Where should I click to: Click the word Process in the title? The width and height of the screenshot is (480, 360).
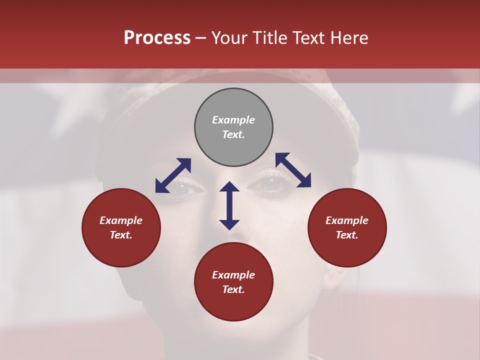tap(157, 38)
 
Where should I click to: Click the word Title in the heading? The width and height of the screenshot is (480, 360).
tap(269, 38)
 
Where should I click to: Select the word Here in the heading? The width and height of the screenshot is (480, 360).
tap(348, 38)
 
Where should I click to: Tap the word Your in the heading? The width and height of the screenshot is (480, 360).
tap(229, 38)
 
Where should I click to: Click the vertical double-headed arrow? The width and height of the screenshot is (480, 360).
tap(229, 205)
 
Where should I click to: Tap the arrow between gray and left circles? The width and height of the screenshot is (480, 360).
tap(173, 175)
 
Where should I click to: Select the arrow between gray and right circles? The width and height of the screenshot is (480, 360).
tap(293, 170)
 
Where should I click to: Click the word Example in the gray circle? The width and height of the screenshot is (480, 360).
tap(233, 120)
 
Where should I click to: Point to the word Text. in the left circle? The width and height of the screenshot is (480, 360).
tap(121, 235)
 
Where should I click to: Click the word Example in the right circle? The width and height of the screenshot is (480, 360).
tap(347, 220)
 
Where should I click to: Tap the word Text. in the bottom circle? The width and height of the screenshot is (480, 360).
tap(233, 289)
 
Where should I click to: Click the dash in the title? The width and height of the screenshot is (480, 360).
tap(200, 38)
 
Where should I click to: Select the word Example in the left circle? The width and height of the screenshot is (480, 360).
tap(121, 220)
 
